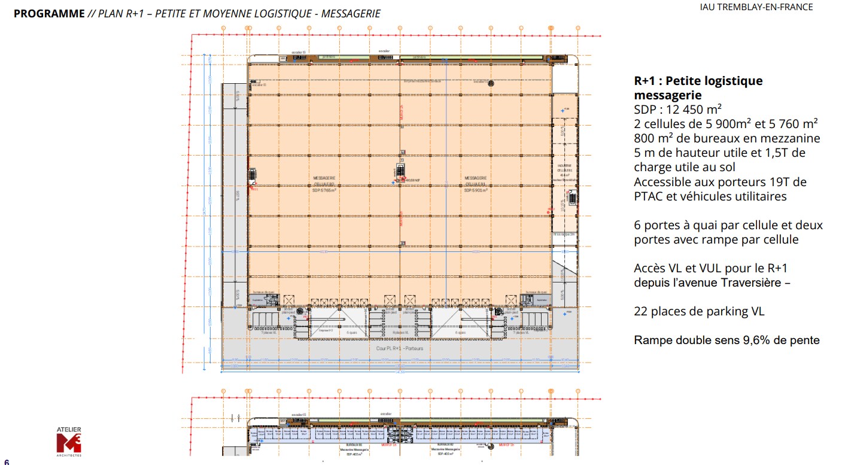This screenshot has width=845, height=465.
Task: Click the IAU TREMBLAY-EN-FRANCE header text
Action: pos(765,7)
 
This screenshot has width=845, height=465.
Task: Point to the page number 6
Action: pos(7,461)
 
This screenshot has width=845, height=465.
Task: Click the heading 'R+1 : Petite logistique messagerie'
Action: pos(698,88)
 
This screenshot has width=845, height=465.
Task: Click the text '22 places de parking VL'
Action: pos(699,311)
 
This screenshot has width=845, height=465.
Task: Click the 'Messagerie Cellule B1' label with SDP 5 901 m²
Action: pos(476,184)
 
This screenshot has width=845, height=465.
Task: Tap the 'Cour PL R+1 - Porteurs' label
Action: pos(400,348)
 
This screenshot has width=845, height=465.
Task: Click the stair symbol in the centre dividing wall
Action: pos(402,170)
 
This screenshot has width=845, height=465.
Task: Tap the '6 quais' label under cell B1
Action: pos(460,332)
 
